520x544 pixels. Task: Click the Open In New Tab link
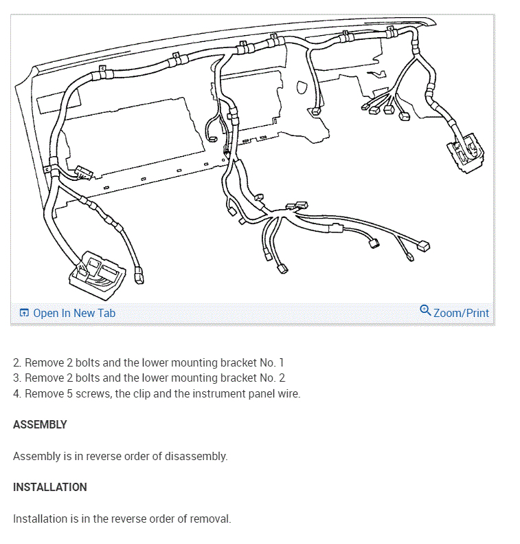[x=74, y=313]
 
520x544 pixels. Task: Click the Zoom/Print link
[x=461, y=313]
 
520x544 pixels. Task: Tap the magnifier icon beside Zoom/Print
[x=425, y=311]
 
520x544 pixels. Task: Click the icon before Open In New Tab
[x=24, y=313]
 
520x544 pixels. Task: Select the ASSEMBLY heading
[x=40, y=424]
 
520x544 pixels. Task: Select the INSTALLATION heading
[x=49, y=487]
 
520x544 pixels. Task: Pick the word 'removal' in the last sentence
[x=210, y=519]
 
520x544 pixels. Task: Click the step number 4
[x=16, y=393]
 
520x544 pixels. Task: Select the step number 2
[x=16, y=362]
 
